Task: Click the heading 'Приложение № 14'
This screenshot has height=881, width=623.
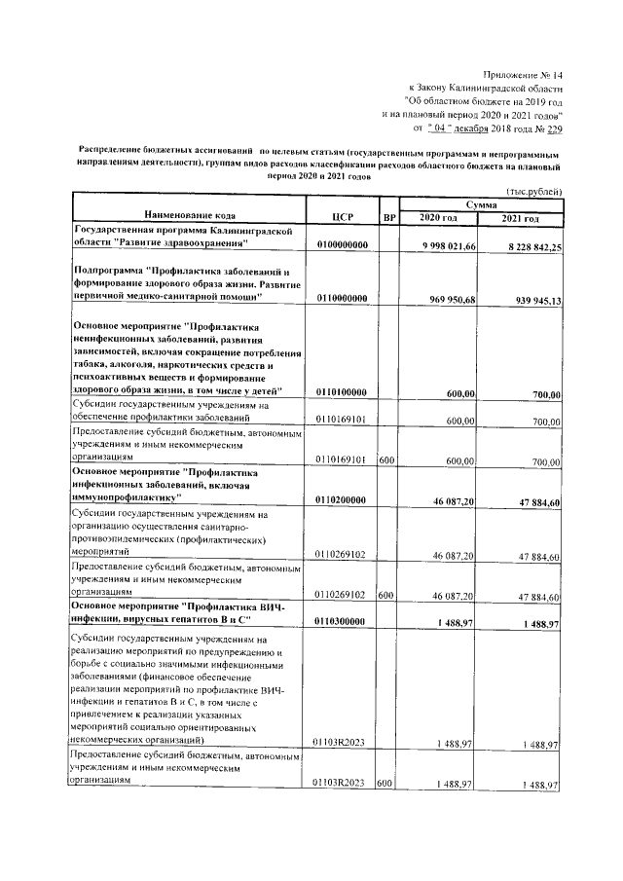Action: click(x=524, y=74)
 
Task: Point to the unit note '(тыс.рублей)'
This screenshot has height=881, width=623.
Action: click(x=533, y=192)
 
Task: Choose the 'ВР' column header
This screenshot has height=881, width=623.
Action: click(x=388, y=214)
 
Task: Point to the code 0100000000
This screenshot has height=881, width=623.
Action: click(x=341, y=246)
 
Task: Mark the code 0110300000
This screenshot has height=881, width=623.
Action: click(x=341, y=622)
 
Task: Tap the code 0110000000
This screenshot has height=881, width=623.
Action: click(x=341, y=299)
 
